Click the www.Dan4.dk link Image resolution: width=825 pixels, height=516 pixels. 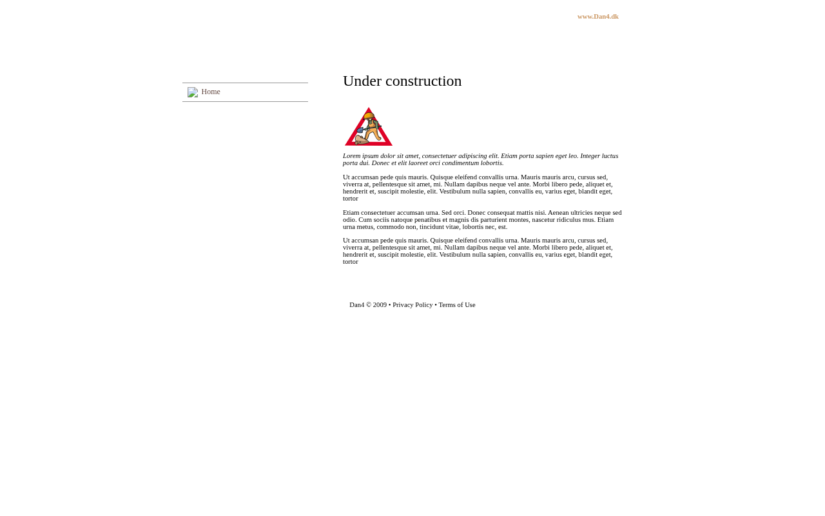point(597,17)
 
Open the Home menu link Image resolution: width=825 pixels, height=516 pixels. point(211,92)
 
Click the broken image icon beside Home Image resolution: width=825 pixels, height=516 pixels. point(193,93)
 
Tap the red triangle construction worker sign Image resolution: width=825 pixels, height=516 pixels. point(369,127)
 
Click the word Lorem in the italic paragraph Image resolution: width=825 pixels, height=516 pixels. point(351,156)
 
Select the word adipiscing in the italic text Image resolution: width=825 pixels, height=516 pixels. point(472,156)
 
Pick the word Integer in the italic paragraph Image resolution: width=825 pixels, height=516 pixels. point(590,156)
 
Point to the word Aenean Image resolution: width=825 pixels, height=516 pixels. point(558,213)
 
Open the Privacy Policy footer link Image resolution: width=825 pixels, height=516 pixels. point(412,305)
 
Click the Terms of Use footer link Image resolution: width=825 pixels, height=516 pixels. point(457,305)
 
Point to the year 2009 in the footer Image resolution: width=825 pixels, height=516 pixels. point(380,305)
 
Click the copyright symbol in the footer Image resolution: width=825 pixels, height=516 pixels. point(369,305)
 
